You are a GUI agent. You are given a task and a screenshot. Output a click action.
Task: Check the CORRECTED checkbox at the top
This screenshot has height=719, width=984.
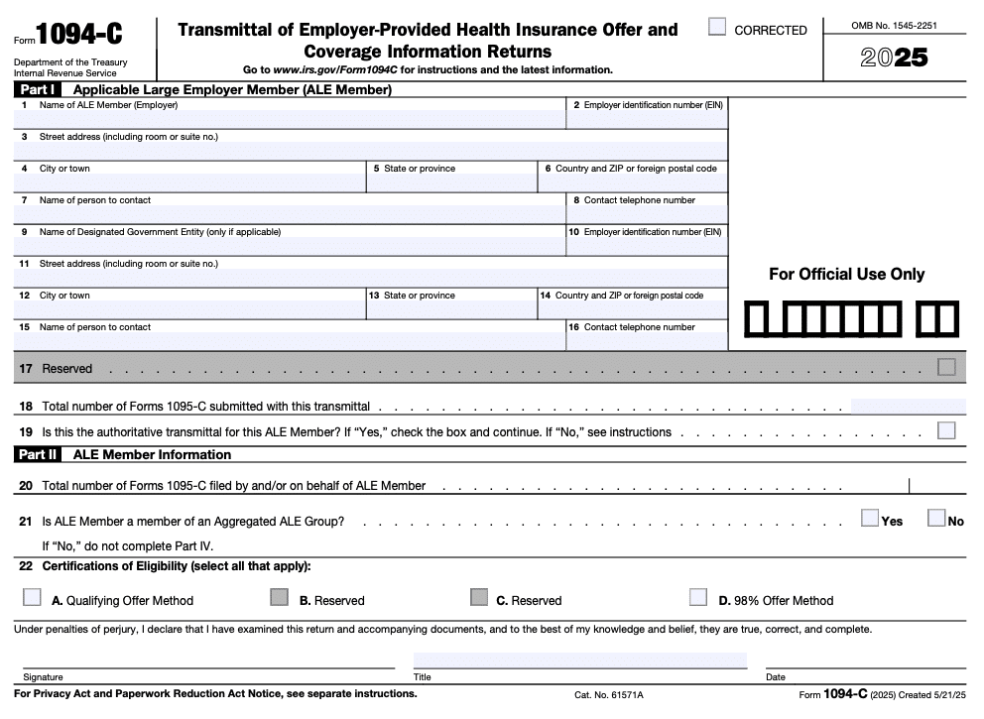(x=717, y=27)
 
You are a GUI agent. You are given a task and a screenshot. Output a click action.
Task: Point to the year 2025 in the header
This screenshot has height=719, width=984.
(x=894, y=58)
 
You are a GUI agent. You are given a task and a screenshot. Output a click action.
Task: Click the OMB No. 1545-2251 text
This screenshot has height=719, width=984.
(x=894, y=25)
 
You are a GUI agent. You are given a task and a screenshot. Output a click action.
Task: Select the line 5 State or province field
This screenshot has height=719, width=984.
(x=451, y=182)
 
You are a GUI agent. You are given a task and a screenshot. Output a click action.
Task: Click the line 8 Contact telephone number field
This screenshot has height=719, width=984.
(x=647, y=214)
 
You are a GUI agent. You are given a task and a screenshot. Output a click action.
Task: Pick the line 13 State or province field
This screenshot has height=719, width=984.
(x=451, y=309)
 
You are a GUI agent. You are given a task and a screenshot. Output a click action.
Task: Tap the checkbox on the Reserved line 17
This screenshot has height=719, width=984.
(x=946, y=367)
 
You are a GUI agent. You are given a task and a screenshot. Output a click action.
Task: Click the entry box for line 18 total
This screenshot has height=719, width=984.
(x=908, y=406)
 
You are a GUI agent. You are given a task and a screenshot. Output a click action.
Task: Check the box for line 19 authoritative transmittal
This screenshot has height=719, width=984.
(x=946, y=430)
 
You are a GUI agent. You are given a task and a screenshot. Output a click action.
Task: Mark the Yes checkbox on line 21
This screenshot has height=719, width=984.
(x=870, y=518)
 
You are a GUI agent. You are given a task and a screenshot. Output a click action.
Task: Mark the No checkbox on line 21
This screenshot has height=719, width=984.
(x=935, y=518)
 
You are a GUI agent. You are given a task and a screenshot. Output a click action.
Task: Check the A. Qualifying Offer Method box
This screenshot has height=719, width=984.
(x=33, y=597)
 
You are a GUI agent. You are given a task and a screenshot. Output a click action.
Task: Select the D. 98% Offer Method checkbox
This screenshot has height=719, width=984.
(x=698, y=597)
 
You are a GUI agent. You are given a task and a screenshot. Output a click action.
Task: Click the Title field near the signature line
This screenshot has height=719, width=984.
(x=580, y=660)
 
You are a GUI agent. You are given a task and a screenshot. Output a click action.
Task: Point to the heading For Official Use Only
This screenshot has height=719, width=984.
(x=846, y=275)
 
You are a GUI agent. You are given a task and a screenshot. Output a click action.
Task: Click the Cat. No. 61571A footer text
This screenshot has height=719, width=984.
(x=608, y=695)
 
